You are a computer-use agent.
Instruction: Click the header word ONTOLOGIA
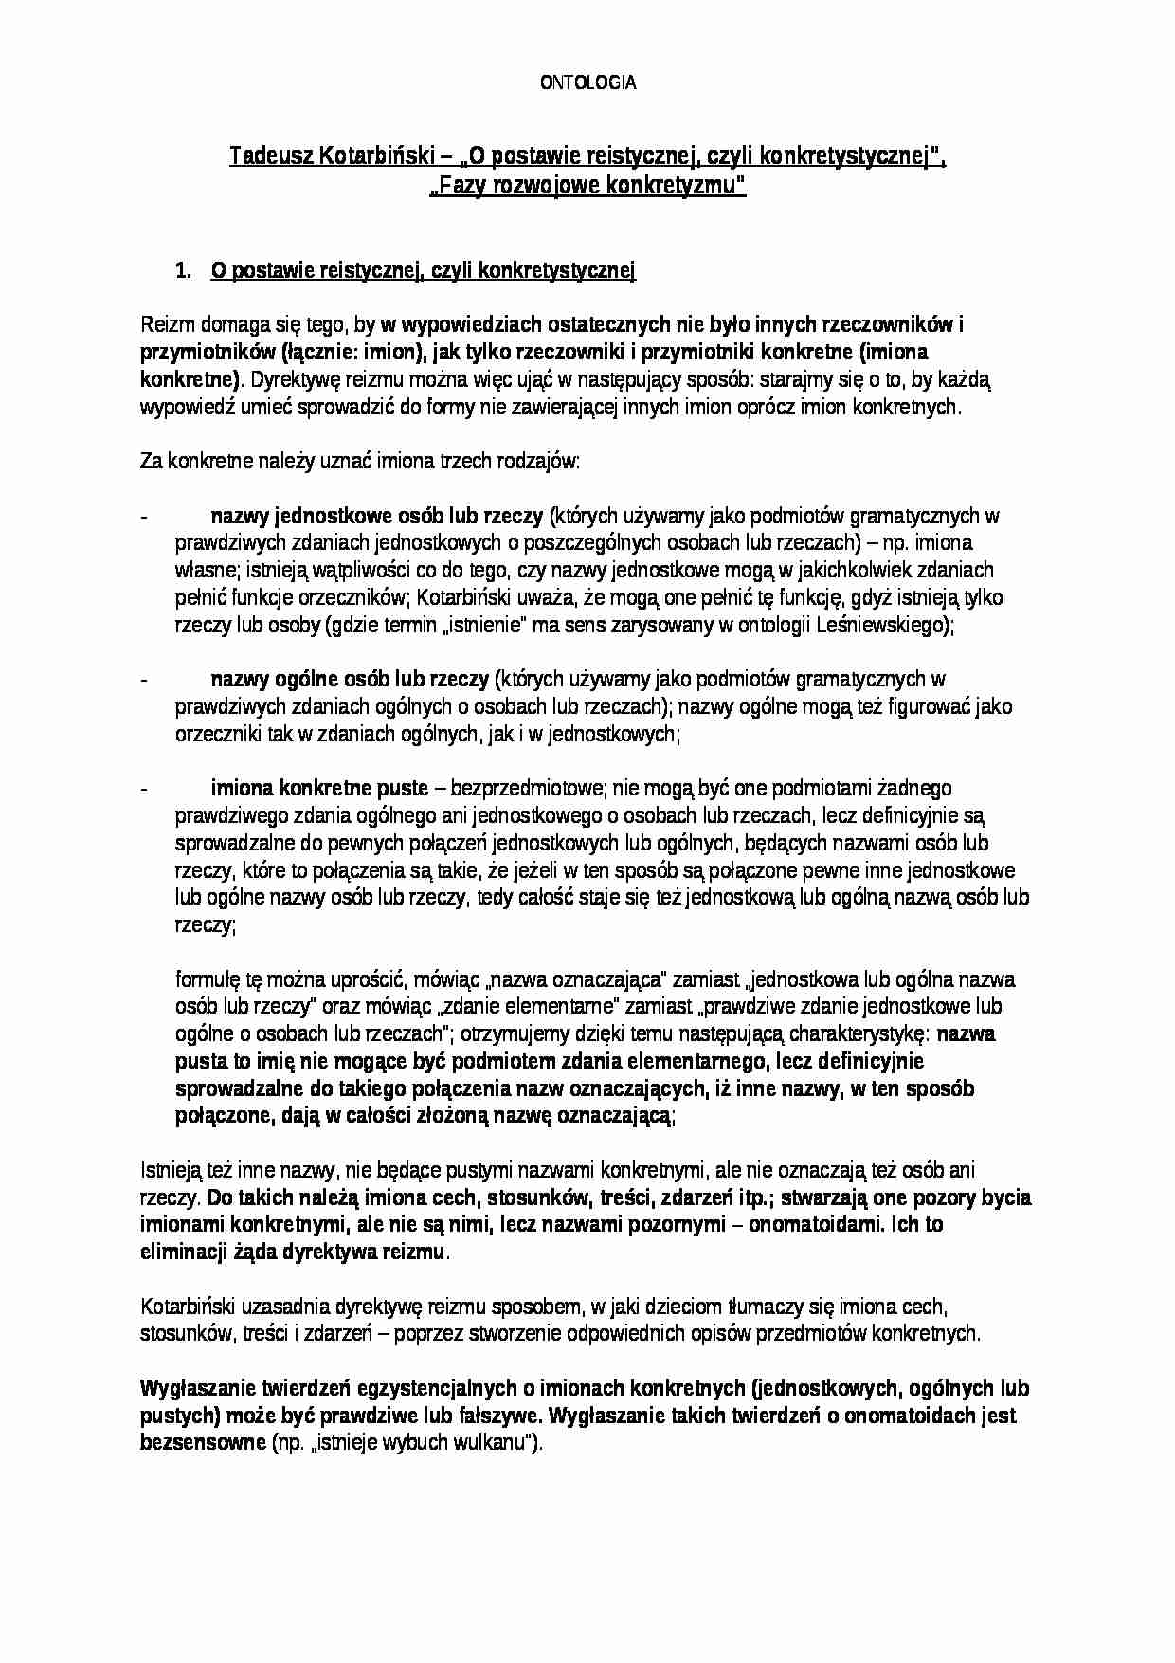pyautogui.click(x=587, y=83)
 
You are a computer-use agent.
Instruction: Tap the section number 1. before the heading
pyautogui.click(x=184, y=272)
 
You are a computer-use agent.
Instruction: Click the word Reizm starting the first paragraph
pyautogui.click(x=163, y=325)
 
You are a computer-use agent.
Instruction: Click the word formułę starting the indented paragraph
pyautogui.click(x=206, y=979)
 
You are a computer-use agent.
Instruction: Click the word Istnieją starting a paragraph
pyautogui.click(x=167, y=1170)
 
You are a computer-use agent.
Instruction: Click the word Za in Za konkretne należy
pyautogui.click(x=151, y=462)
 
